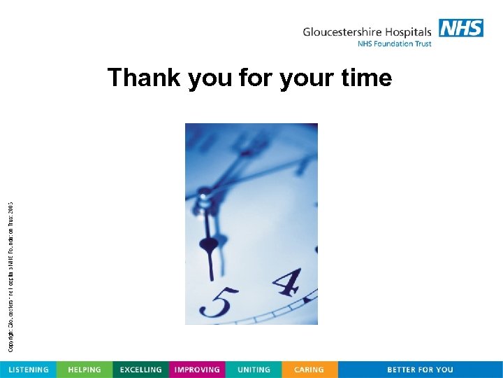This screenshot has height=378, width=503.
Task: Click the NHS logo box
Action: (x=461, y=28)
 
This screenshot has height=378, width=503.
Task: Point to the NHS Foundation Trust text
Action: (x=394, y=44)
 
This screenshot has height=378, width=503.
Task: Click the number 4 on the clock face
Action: (x=286, y=282)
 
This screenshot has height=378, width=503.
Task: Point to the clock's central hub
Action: (x=203, y=196)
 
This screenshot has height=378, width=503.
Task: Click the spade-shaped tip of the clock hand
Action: (x=209, y=245)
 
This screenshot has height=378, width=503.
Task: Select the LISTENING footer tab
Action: (x=28, y=370)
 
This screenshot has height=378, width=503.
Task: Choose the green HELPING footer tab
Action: (x=84, y=370)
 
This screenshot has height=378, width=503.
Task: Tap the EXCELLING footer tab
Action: (x=140, y=370)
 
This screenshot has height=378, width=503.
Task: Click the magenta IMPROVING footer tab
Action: (x=197, y=370)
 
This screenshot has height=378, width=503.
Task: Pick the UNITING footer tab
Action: (x=254, y=370)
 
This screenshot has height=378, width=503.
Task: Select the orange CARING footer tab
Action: (x=309, y=370)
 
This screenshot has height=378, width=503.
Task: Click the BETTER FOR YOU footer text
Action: (x=420, y=370)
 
